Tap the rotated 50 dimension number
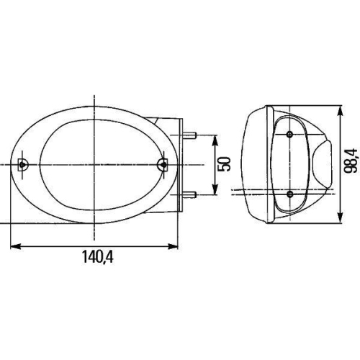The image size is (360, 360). pyautogui.click(x=225, y=165)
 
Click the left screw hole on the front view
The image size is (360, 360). pyautogui.click(x=23, y=165)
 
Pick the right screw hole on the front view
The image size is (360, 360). pyautogui.click(x=163, y=165)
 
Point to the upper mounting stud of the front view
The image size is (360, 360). pyautogui.click(x=191, y=135)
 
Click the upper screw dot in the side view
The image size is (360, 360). pyautogui.click(x=289, y=135)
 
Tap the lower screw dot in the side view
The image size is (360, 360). pyautogui.click(x=289, y=194)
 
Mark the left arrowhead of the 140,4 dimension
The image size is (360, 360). pyautogui.click(x=16, y=247)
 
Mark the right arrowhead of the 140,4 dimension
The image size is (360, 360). pyautogui.click(x=174, y=247)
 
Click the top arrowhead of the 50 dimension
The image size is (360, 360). pyautogui.click(x=215, y=139)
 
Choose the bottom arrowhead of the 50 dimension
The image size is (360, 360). pyautogui.click(x=215, y=191)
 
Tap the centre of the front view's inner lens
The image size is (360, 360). pyautogui.click(x=94, y=165)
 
